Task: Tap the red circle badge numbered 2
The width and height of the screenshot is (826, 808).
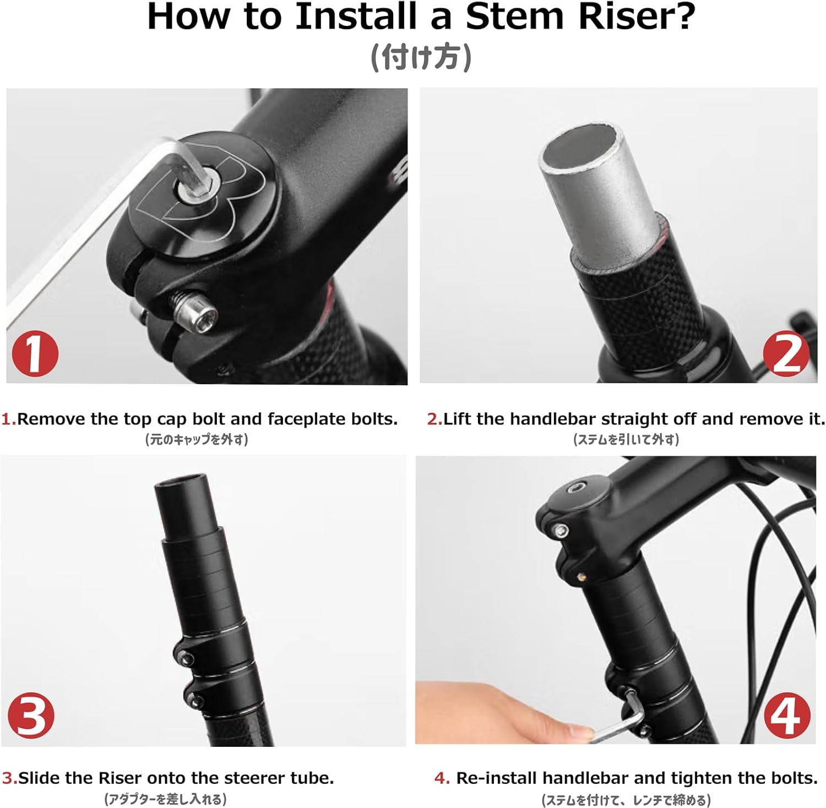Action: click(x=786, y=353)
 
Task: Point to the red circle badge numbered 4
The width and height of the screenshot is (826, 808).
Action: click(x=787, y=715)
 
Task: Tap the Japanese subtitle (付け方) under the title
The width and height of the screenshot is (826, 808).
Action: click(x=421, y=57)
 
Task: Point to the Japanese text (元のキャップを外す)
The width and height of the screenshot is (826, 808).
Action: click(x=197, y=439)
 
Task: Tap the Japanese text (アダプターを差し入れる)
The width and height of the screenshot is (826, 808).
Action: click(x=165, y=799)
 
